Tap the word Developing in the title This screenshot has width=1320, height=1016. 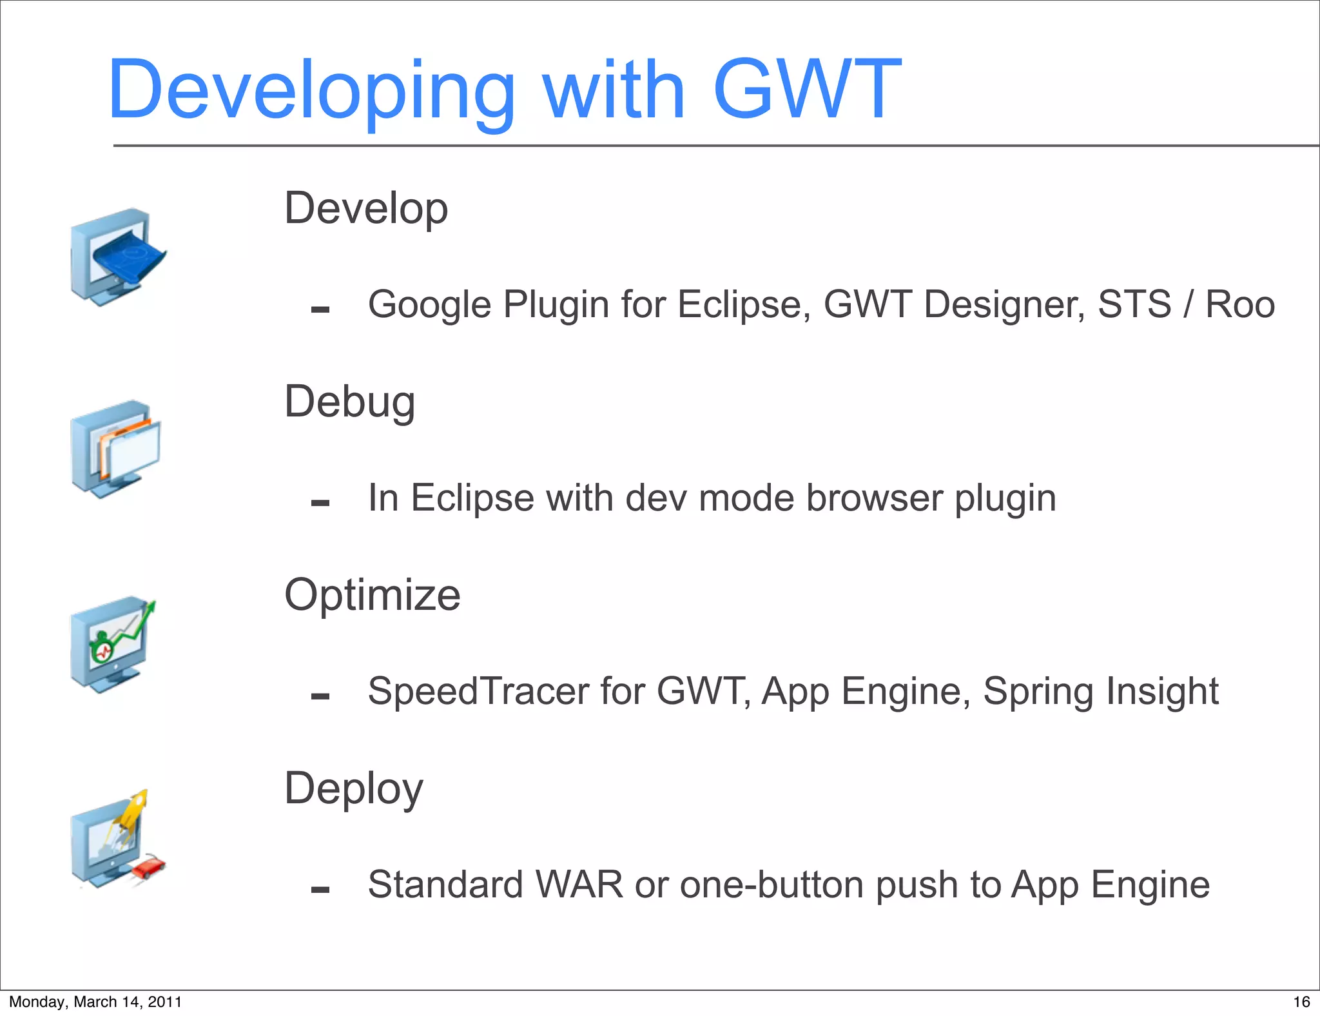[311, 90]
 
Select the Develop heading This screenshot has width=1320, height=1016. [366, 208]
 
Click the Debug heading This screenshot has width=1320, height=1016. [350, 402]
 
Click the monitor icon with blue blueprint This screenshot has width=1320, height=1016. [117, 257]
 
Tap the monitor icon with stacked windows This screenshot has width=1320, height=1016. [115, 449]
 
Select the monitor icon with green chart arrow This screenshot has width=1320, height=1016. [113, 643]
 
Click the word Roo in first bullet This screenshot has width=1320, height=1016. [1239, 304]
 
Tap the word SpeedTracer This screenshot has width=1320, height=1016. [478, 691]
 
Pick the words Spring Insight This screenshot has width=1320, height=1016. [1100, 691]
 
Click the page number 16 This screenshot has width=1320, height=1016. [1301, 1002]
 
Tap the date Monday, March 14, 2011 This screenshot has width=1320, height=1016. [95, 1002]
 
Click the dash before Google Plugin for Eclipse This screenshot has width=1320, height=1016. [320, 310]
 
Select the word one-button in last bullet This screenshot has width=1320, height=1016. [772, 884]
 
